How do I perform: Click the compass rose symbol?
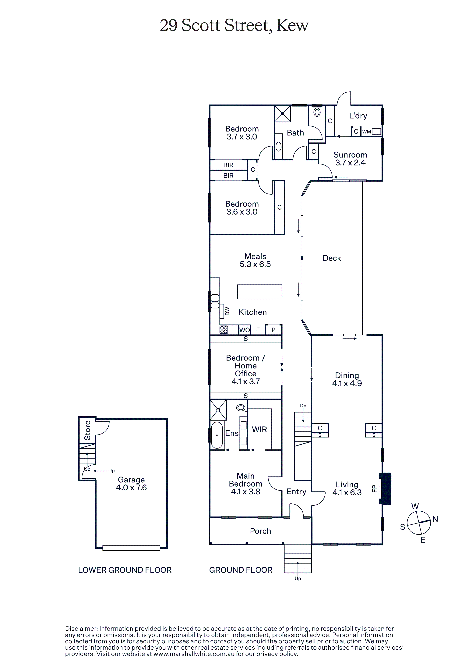pos(419,523)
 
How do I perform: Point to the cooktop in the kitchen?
pos(224,330)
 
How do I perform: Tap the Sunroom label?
pos(350,155)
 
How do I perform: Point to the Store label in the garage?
pos(87,430)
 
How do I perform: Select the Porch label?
pos(260,531)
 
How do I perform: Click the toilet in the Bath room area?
pos(317,112)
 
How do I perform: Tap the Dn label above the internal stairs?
pos(303,405)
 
